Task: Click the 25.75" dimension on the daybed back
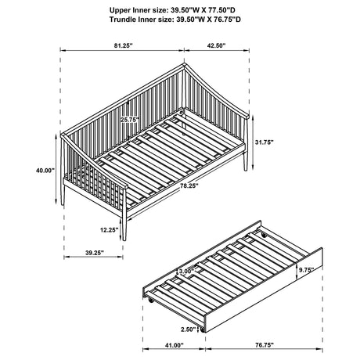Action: point(130,119)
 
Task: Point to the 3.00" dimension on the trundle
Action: point(185,271)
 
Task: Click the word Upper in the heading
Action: point(124,9)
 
